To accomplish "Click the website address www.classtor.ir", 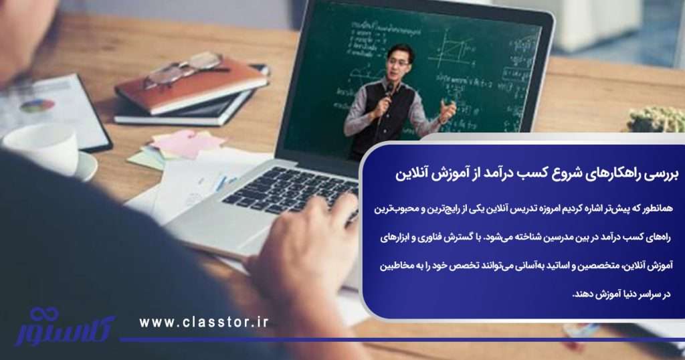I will click(203, 323).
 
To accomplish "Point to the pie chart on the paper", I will click(37, 105).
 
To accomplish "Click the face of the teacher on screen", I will click(399, 61).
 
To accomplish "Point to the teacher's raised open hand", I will click(447, 110).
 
